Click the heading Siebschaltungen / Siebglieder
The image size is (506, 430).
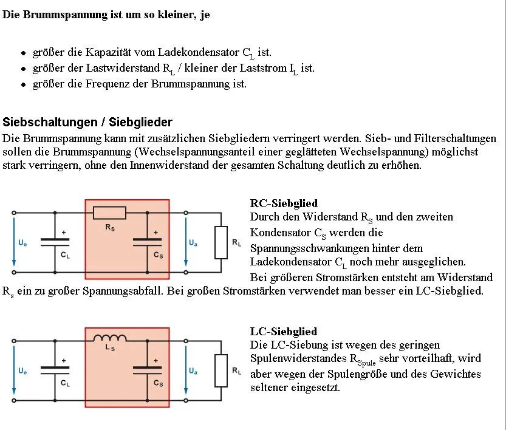point(87,122)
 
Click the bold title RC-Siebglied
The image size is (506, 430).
point(284,203)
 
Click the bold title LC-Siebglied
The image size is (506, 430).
point(284,331)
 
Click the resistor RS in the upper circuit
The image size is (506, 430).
point(110,213)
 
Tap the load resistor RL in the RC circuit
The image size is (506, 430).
point(221,242)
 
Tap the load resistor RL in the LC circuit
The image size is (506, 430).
point(221,370)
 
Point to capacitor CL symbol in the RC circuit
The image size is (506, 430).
point(55,242)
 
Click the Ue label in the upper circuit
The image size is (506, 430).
point(22,243)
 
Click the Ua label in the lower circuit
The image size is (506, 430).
point(193,370)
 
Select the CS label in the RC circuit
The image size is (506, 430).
point(159,255)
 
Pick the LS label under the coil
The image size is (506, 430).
point(110,349)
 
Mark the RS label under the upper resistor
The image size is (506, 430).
point(110,228)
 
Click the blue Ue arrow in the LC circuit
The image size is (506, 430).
point(14,370)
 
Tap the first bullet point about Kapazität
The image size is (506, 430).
point(146,53)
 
